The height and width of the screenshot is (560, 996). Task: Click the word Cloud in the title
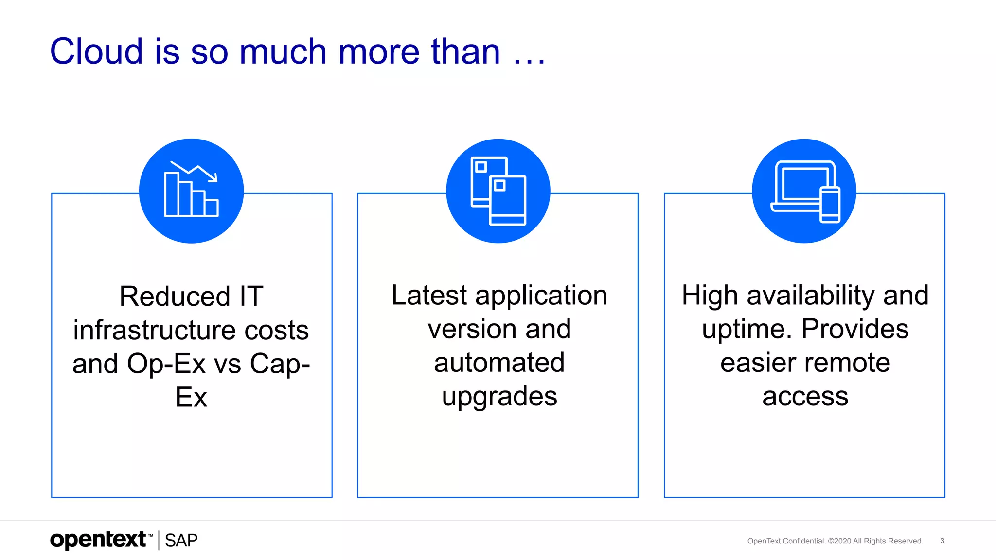click(96, 52)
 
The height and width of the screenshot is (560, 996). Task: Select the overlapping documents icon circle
click(498, 191)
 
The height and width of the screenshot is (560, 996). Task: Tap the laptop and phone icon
click(804, 191)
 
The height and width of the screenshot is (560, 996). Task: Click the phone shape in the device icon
click(830, 205)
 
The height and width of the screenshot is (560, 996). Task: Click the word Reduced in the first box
click(175, 297)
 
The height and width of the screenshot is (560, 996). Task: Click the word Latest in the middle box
click(429, 296)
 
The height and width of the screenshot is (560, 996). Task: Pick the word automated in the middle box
click(499, 363)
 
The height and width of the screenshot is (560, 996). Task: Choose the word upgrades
click(499, 397)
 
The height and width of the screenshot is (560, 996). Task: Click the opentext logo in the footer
click(98, 540)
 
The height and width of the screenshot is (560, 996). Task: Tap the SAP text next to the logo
click(181, 541)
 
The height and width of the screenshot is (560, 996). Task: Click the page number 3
click(942, 541)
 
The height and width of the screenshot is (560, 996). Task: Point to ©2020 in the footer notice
click(839, 541)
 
